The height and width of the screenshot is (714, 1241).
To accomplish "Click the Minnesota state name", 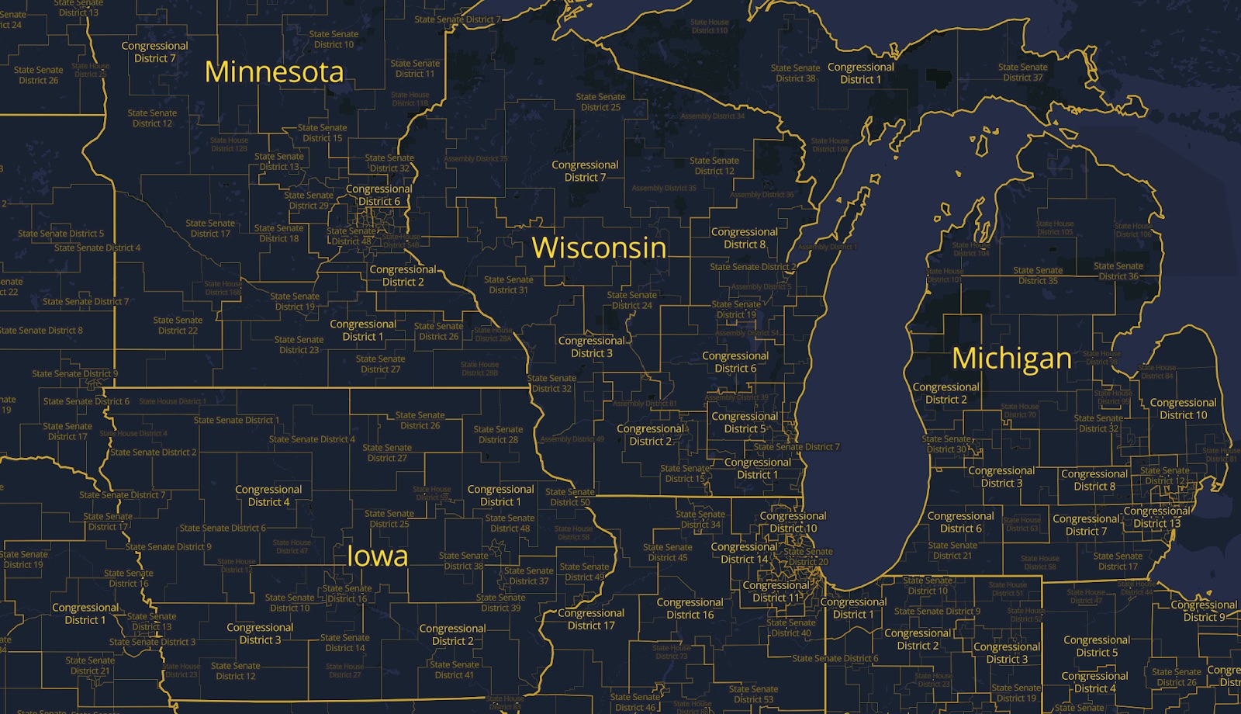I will [274, 72].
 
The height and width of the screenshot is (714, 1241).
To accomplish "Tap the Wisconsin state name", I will [599, 248].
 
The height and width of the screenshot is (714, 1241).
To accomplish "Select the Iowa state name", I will [377, 556].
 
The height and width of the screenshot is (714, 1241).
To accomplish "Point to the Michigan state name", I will [1011, 358].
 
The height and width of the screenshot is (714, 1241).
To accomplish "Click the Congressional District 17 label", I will [591, 619].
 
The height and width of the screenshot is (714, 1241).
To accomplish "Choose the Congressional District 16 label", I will [690, 608].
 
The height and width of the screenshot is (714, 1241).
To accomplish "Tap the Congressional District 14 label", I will [745, 553].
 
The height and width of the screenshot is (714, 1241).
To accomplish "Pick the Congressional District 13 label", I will [1156, 517].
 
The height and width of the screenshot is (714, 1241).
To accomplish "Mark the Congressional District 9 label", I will [1204, 611].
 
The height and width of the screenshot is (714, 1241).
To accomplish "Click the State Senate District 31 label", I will [508, 285].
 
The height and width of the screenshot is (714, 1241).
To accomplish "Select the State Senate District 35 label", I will [1038, 276].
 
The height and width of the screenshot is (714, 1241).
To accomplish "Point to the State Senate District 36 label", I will [1118, 271].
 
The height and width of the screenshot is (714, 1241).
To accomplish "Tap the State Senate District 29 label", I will [309, 200].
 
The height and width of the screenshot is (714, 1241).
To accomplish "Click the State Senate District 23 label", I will [299, 345].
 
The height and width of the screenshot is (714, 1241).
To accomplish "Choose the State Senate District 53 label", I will [753, 694].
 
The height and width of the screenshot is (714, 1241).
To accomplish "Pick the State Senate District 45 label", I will [668, 552].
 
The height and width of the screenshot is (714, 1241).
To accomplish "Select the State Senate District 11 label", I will [415, 68].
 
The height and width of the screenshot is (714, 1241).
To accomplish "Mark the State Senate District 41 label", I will [455, 670].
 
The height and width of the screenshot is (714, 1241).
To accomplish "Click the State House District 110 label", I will [710, 26].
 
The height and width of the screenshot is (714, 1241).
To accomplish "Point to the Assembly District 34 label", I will [712, 116].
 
